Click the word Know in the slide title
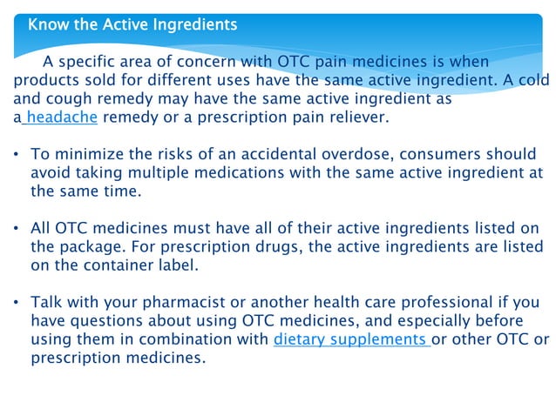(45, 24)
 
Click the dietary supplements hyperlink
(350, 339)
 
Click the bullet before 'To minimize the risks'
(17, 155)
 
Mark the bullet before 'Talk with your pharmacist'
(17, 304)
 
